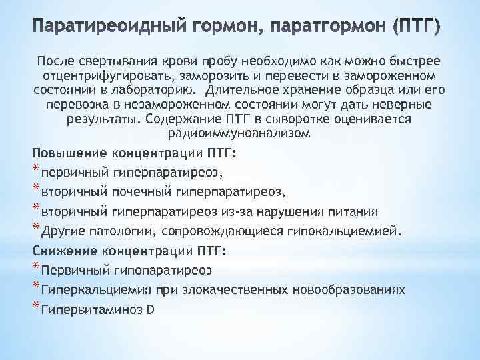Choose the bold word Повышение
point(63,155)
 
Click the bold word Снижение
point(60,251)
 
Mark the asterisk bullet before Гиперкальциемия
point(36,288)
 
